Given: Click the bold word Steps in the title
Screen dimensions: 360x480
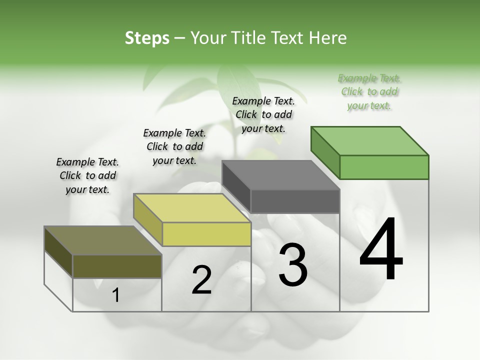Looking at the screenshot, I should pos(147,38).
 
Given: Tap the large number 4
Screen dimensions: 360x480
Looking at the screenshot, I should pos(381,250).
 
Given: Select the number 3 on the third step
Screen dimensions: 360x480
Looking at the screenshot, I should pos(293,265).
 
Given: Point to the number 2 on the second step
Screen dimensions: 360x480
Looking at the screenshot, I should pos(201,280).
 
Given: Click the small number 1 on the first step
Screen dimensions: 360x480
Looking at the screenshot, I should pos(115,295).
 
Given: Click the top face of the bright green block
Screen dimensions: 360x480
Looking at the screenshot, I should pos(370,140).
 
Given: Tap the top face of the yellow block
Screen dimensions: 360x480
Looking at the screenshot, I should pos(192,208).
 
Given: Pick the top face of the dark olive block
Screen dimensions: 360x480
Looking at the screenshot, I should pos(103,240).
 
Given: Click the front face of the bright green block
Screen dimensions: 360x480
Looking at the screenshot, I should pos(384,167).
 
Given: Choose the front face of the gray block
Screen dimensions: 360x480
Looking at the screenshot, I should pos(295,201).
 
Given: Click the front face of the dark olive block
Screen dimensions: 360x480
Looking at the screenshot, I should pos(117,266).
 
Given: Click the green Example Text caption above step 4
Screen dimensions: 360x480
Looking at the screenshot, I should pos(369,91).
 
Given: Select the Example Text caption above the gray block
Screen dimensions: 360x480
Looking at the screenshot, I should pos(263,114).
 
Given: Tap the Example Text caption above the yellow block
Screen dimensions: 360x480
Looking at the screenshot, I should pos(174,146).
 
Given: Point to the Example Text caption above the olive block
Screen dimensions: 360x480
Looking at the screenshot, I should pos(87,175).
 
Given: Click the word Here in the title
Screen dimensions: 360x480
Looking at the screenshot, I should pos(328,38).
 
